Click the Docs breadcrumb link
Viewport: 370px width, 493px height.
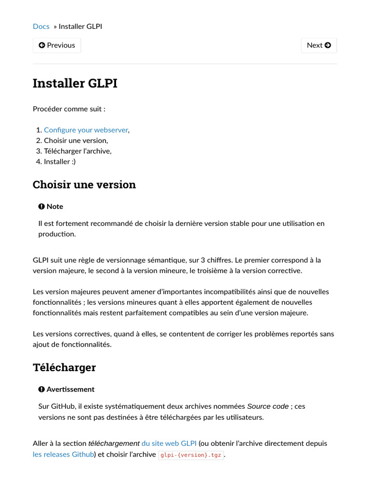[41, 26]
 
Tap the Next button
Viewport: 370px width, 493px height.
[319, 45]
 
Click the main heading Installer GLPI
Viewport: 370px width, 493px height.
[75, 83]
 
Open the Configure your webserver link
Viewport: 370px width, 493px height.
[86, 130]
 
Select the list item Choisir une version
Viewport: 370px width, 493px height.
[76, 141]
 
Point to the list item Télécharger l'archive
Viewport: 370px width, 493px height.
[78, 151]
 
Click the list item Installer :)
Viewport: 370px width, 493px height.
[60, 162]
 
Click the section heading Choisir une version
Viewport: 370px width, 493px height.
[84, 185]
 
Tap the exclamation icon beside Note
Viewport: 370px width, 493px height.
[41, 207]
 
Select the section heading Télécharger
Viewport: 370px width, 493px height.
[64, 368]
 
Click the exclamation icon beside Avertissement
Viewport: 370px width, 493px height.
[41, 389]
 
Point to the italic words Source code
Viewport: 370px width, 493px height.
[268, 406]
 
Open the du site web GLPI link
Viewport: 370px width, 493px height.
[169, 443]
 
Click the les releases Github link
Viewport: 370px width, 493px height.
[63, 454]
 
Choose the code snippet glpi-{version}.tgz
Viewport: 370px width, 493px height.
[191, 454]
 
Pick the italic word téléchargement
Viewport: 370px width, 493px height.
[114, 443]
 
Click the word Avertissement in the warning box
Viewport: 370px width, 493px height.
[70, 389]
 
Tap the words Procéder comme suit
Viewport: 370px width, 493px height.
[69, 109]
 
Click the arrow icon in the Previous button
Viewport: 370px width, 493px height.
[42, 45]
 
